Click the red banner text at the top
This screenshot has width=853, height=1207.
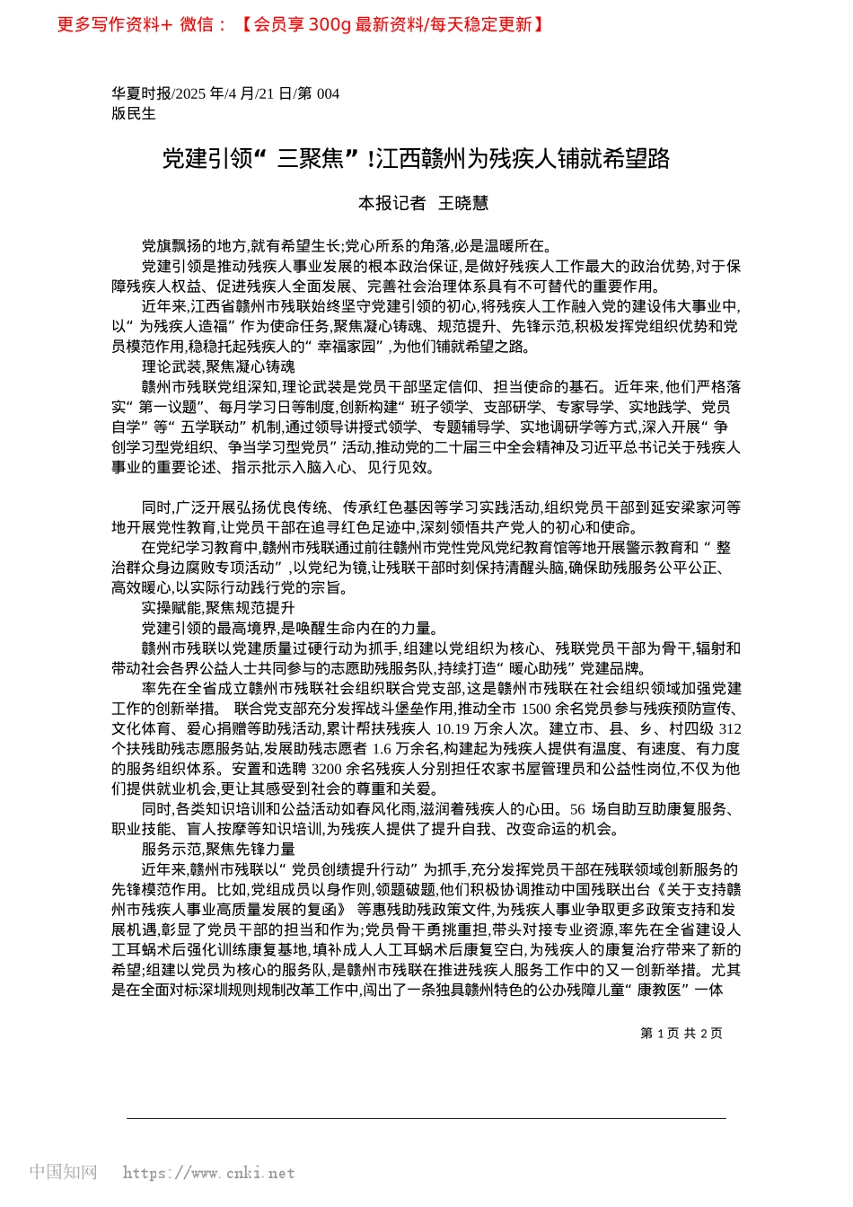[301, 24]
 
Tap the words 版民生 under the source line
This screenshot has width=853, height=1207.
[134, 113]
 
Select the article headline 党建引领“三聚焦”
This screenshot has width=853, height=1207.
[416, 159]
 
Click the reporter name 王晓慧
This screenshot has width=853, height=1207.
[463, 203]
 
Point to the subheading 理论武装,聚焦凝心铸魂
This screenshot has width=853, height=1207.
[218, 366]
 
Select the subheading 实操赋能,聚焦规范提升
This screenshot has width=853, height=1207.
[218, 608]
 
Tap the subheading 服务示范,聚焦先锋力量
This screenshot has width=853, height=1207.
[218, 849]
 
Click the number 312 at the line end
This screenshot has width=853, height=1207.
[730, 728]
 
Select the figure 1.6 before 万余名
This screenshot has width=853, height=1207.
[382, 748]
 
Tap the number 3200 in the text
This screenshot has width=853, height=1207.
[327, 769]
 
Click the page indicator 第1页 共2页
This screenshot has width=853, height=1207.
[682, 1034]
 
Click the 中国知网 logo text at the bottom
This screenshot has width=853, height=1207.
[64, 1172]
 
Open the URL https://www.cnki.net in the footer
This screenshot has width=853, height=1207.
[208, 1173]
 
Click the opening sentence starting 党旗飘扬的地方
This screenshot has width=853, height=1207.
[347, 245]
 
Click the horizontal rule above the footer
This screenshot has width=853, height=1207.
[426, 1118]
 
